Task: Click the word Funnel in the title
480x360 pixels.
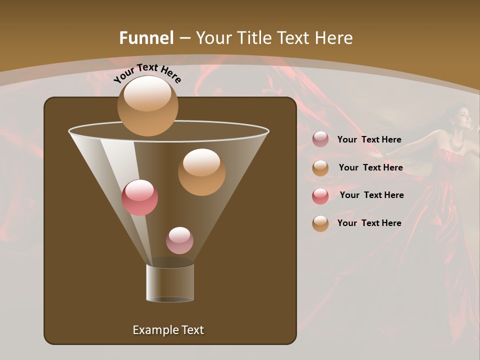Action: click(146, 38)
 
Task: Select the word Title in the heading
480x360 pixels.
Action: click(254, 38)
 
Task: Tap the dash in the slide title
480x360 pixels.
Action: click(184, 38)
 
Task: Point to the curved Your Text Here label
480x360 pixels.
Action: click(147, 73)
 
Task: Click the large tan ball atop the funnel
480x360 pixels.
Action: click(147, 105)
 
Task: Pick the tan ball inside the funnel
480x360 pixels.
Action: click(201, 171)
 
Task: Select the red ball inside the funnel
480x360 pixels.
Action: click(139, 197)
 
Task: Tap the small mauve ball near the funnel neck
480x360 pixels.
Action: click(179, 240)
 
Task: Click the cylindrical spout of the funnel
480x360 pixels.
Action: click(170, 283)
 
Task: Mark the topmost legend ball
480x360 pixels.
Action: click(320, 139)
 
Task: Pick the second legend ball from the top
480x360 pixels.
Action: click(320, 167)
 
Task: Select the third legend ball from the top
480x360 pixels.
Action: click(320, 195)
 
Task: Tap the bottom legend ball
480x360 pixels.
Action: click(320, 223)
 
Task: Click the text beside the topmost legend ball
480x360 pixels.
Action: click(369, 139)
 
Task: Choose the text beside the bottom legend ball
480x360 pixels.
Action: click(369, 223)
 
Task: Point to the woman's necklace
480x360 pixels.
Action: click(456, 144)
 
